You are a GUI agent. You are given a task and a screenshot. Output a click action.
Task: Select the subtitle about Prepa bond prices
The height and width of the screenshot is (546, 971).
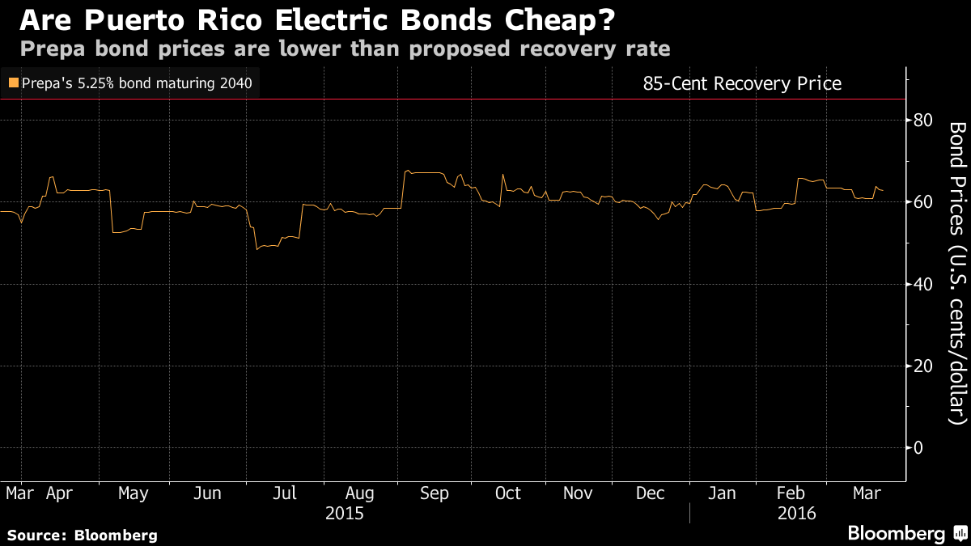[345, 49]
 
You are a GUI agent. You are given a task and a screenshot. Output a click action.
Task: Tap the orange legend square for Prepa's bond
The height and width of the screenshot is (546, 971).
[13, 83]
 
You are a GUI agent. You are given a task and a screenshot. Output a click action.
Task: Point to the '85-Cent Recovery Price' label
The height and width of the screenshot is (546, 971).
[741, 83]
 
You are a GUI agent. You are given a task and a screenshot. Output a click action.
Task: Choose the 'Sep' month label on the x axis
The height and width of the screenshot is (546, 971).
[435, 493]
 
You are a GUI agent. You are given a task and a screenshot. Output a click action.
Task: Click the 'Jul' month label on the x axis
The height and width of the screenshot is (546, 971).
[284, 493]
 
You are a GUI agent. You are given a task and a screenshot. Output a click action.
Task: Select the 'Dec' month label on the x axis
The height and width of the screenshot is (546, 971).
[651, 493]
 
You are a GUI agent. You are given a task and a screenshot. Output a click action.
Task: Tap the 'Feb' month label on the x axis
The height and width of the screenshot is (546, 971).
[791, 493]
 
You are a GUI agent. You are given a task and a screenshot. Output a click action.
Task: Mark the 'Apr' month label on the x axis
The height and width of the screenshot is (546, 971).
[59, 493]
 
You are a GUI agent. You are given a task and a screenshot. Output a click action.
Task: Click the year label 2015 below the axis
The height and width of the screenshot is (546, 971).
[344, 514]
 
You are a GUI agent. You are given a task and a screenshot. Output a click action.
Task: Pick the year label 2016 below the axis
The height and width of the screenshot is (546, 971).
[796, 514]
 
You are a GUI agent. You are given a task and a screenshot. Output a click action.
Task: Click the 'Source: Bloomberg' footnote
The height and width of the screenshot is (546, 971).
[82, 535]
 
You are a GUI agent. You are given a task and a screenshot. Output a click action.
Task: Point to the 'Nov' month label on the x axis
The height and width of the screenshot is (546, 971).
[578, 493]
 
